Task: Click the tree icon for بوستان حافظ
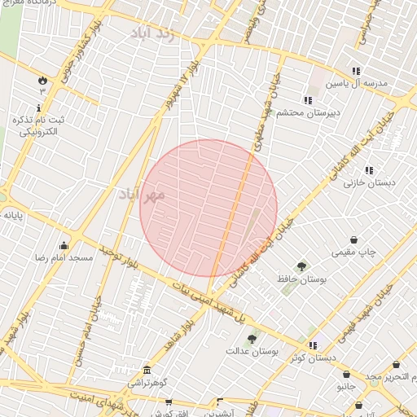(301, 266)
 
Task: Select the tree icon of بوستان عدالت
(252, 339)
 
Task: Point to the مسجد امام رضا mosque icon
(64, 245)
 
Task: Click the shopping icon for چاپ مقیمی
(355, 240)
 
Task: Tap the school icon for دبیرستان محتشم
(308, 99)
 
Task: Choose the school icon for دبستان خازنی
(368, 170)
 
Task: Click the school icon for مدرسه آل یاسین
(355, 71)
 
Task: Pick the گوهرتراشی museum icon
(146, 369)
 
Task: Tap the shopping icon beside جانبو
(346, 374)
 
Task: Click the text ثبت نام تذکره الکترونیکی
(39, 125)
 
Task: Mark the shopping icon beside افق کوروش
(169, 402)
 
